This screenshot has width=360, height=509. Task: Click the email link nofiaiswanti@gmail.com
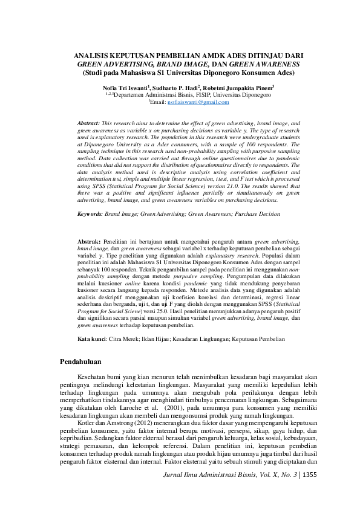pos(196,103)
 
